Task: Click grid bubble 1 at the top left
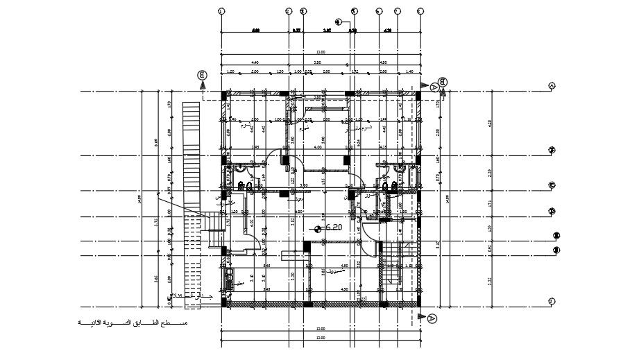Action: [221, 11]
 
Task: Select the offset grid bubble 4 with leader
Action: [338, 22]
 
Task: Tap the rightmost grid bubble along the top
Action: [420, 11]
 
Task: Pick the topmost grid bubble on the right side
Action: [552, 86]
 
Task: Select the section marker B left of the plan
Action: [202, 75]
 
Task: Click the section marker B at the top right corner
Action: [443, 83]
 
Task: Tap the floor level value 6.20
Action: [334, 227]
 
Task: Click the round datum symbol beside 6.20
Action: [318, 228]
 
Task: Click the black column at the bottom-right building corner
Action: [418, 302]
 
